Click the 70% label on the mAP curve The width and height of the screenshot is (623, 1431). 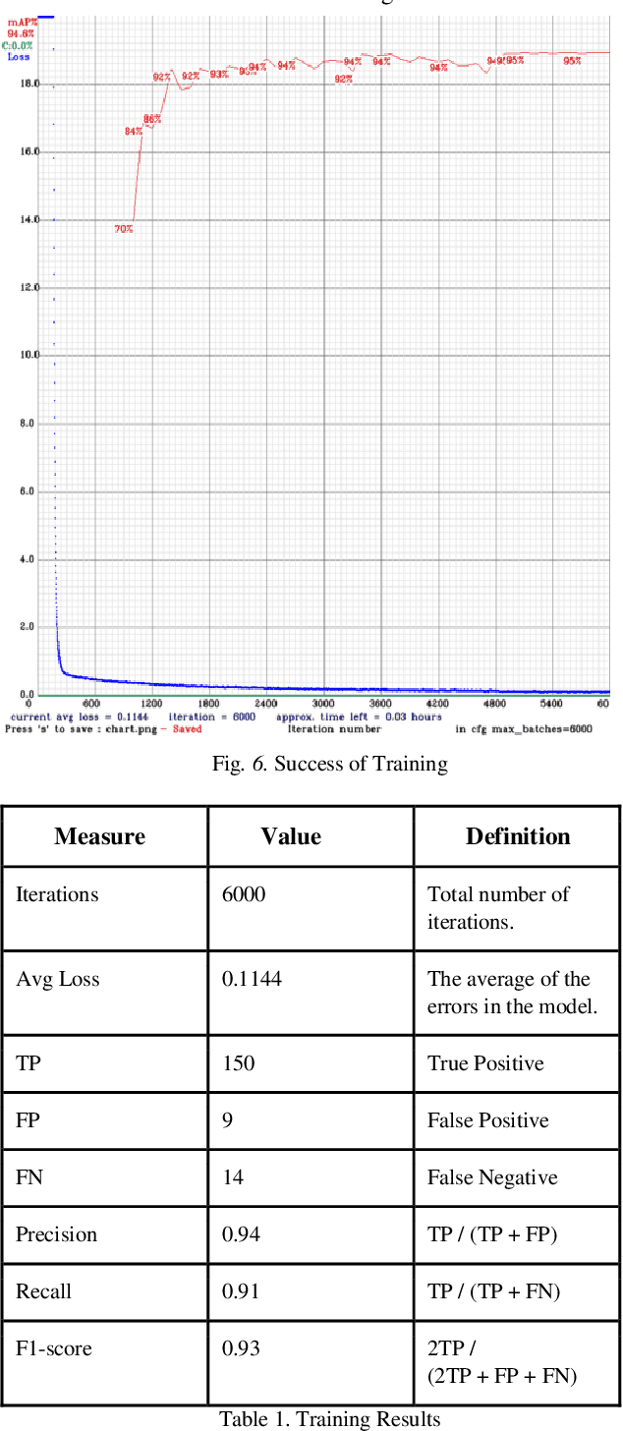[123, 229]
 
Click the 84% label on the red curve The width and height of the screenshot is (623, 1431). [133, 131]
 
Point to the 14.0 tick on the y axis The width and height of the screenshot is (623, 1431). [29, 219]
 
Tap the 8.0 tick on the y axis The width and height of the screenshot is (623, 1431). [29, 423]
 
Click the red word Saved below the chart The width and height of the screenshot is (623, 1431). [187, 729]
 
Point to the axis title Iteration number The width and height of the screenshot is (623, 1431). [334, 729]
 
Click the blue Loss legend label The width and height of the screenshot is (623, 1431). [19, 57]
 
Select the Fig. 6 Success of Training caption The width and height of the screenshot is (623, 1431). [330, 764]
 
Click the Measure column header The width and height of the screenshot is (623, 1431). [99, 836]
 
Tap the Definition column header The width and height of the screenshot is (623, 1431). [518, 836]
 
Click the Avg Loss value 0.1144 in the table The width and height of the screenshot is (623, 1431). [252, 979]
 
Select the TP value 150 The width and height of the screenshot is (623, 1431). [238, 1063]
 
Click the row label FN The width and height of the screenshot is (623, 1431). [29, 1177]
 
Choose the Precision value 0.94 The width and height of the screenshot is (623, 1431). [241, 1234]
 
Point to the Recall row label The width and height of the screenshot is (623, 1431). [43, 1291]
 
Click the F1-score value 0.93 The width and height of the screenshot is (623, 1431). [241, 1348]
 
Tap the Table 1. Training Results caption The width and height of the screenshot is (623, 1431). [329, 1419]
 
